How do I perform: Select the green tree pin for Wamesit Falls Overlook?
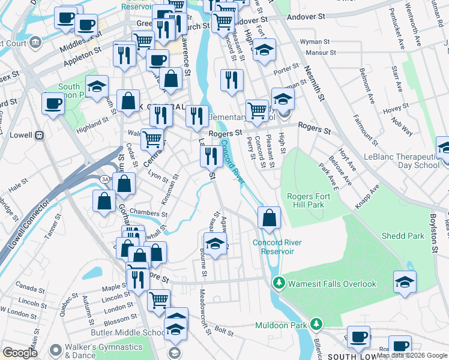pyautogui.click(x=277, y=283)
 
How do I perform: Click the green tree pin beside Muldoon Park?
pyautogui.click(x=316, y=325)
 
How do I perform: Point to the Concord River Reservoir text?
pyautogui.click(x=277, y=247)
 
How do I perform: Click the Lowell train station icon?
pyautogui.click(x=40, y=135)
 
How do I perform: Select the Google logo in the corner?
pyautogui.click(x=20, y=353)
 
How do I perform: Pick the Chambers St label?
pyautogui.click(x=147, y=212)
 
